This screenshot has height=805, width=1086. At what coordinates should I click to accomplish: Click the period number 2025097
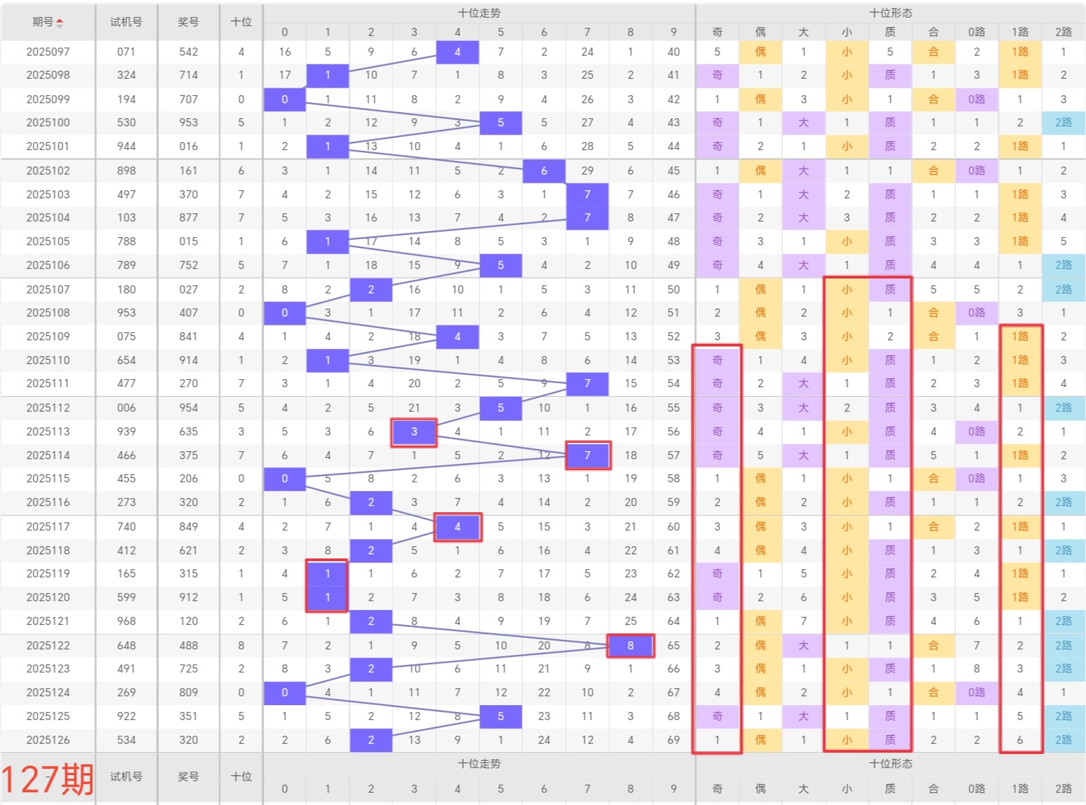click(x=48, y=52)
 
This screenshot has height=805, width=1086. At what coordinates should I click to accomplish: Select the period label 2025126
click(x=48, y=740)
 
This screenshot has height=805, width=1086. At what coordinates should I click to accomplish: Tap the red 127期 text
click(x=48, y=779)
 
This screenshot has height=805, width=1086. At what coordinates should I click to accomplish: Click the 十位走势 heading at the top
click(x=479, y=13)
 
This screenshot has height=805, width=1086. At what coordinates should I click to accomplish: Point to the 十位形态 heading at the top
click(x=890, y=13)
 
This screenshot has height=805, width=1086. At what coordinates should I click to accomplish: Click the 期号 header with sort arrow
click(x=48, y=22)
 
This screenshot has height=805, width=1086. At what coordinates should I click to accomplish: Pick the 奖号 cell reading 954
click(x=188, y=408)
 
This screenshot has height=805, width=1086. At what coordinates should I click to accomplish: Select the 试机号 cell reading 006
click(x=126, y=408)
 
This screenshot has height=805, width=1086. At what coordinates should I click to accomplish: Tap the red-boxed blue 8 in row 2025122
click(x=630, y=645)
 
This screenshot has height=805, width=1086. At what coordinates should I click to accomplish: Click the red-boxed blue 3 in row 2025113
click(x=414, y=431)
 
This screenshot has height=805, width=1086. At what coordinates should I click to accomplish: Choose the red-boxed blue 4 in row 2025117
click(x=457, y=526)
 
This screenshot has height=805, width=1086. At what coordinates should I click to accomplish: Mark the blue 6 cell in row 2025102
click(x=543, y=171)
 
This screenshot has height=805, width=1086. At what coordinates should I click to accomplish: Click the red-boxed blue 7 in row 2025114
click(x=587, y=455)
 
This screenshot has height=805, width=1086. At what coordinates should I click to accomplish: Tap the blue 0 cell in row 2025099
click(x=284, y=99)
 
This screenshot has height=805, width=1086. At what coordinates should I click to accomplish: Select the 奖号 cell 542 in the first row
click(x=188, y=52)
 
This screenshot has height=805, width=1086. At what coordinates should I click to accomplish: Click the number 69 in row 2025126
click(x=673, y=740)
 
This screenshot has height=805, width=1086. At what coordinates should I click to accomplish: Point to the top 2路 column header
click(x=1063, y=32)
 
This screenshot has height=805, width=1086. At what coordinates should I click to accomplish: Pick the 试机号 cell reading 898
click(x=126, y=171)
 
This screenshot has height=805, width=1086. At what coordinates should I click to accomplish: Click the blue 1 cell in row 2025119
click(x=327, y=573)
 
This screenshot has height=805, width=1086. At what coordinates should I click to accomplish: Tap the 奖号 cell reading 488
click(x=188, y=645)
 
